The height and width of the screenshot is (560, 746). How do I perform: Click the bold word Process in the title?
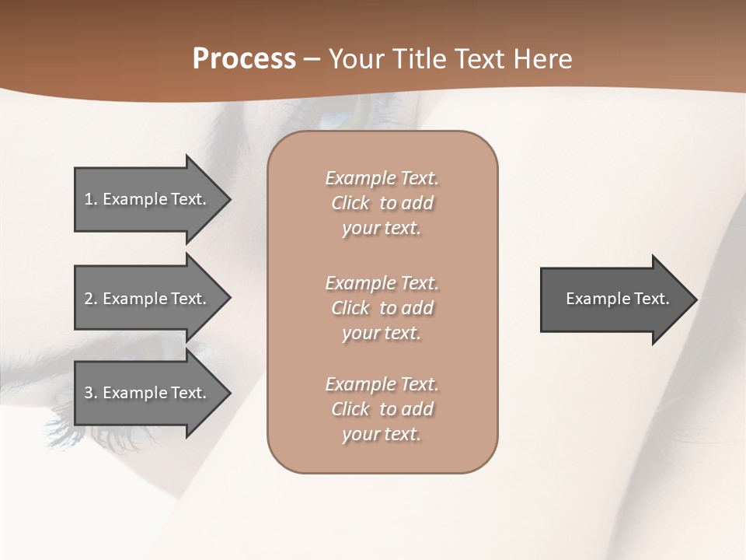(x=244, y=59)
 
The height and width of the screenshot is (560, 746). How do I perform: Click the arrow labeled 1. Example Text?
(x=148, y=199)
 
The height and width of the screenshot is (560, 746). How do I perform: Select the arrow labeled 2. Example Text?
(x=148, y=299)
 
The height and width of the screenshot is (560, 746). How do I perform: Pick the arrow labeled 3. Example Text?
(x=148, y=393)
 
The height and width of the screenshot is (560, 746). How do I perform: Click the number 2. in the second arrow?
(x=91, y=299)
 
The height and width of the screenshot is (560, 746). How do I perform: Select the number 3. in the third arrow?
(x=91, y=393)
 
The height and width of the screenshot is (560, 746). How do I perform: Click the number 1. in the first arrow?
(x=91, y=199)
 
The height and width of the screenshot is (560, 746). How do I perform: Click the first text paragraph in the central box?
(x=382, y=203)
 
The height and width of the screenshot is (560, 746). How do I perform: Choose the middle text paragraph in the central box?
(x=382, y=308)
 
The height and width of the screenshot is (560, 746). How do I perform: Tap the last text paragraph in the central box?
(x=382, y=409)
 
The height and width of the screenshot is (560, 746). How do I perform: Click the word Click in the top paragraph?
(x=350, y=203)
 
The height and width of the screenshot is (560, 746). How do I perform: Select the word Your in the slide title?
(x=355, y=59)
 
